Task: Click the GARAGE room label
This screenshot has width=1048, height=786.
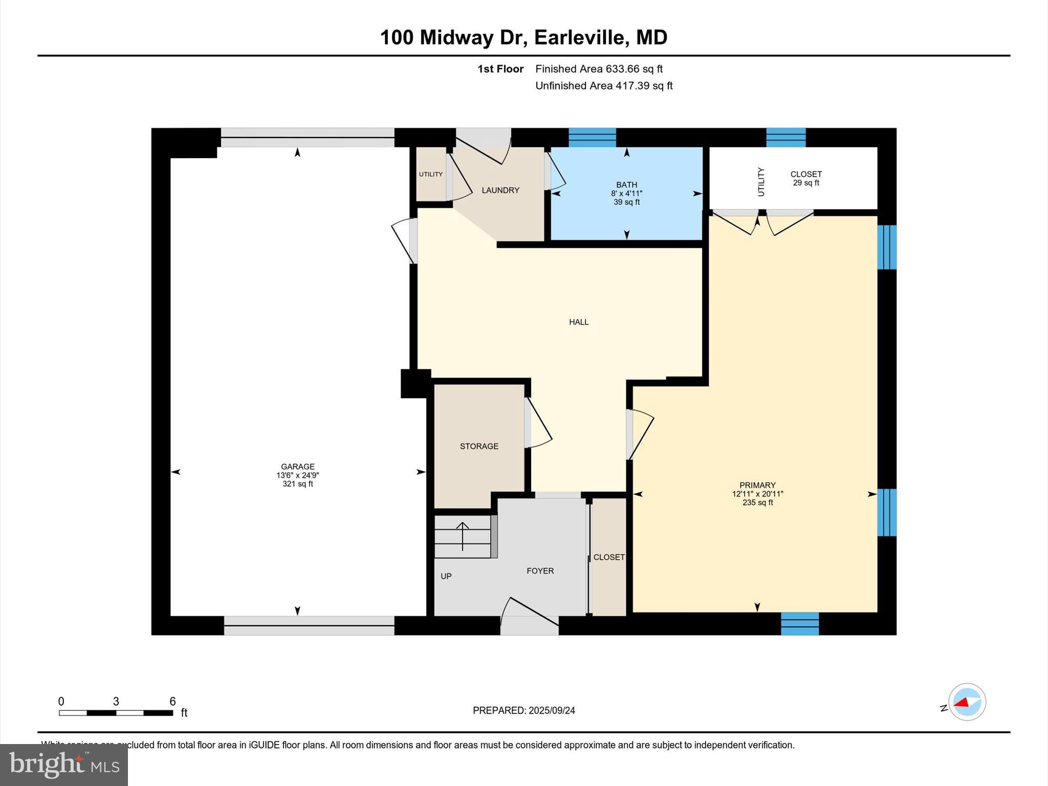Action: click(297, 466)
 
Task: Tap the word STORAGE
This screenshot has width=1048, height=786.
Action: click(479, 446)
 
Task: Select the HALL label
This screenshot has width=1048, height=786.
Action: click(579, 322)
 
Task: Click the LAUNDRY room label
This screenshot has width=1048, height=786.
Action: click(500, 190)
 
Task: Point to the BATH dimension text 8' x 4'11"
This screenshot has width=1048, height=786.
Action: click(626, 193)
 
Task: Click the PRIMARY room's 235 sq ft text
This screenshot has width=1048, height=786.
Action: click(757, 503)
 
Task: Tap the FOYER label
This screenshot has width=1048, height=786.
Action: click(540, 571)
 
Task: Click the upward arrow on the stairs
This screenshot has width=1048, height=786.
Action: click(463, 535)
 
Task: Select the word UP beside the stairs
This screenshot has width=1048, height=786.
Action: click(446, 576)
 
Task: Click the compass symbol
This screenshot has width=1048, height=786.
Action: click(967, 702)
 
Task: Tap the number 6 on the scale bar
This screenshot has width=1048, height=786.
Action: click(172, 701)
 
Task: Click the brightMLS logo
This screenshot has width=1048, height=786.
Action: click(64, 765)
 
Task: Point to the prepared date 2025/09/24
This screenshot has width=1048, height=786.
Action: click(552, 710)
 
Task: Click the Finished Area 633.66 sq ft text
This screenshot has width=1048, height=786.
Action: click(599, 69)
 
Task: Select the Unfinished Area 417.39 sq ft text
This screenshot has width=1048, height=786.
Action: click(604, 85)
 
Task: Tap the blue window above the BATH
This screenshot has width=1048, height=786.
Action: click(592, 137)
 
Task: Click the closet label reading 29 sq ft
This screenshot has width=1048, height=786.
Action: click(806, 183)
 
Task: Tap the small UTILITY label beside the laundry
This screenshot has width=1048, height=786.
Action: click(431, 174)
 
